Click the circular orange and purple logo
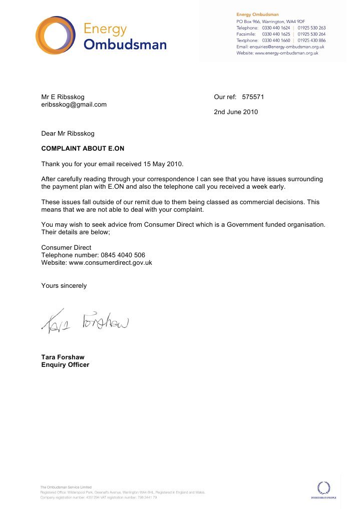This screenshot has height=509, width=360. pos(55,35)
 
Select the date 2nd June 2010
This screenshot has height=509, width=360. pos(236,112)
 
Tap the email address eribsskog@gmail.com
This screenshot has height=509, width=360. pos(74,105)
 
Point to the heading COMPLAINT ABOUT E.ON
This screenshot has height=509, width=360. pos(82,149)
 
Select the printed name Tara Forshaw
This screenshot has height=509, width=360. pos(63,357)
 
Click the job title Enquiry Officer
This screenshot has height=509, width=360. pos(65,365)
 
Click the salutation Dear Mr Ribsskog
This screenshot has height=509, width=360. pos(68,134)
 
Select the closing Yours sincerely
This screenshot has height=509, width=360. pos(64,286)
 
